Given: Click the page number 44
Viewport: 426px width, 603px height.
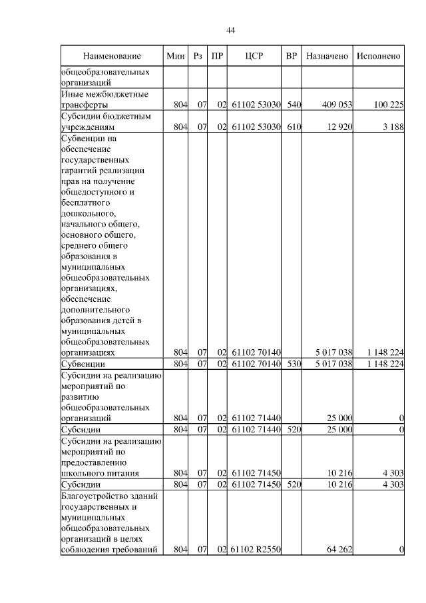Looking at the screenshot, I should [x=231, y=30].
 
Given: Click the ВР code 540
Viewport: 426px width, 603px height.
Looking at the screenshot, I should [x=294, y=105].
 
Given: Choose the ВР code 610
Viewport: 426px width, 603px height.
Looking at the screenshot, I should [x=294, y=126].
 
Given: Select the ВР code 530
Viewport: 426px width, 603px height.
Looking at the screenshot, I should [x=294, y=364].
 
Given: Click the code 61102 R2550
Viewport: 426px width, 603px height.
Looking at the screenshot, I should [x=257, y=550].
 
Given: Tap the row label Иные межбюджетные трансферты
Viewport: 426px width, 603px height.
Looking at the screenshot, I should [x=99, y=99].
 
